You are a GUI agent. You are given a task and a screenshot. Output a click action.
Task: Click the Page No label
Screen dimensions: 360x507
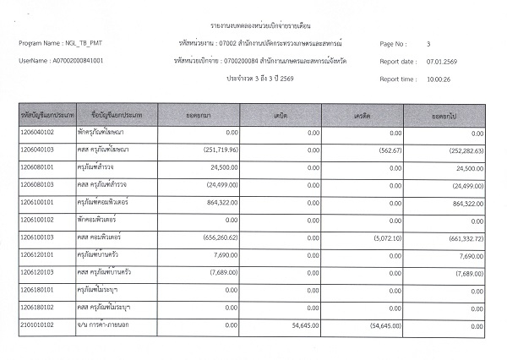tap(395, 43)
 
